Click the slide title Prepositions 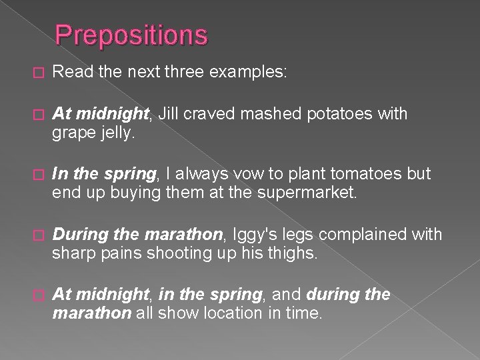(131, 35)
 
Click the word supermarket (311, 193)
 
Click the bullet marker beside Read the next (37, 73)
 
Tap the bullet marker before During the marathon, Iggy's (37, 235)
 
